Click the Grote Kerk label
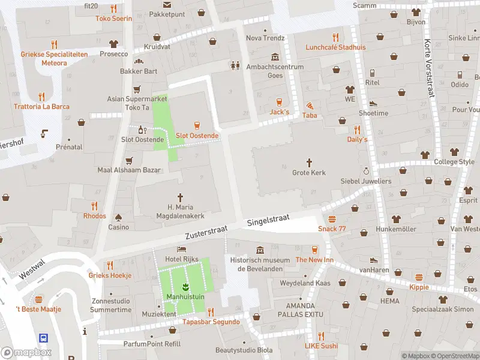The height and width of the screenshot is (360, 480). [x=309, y=173]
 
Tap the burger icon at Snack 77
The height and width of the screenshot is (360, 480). [x=332, y=218]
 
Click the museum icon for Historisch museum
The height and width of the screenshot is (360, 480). [x=260, y=250]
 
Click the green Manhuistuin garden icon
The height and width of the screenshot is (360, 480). [x=185, y=286]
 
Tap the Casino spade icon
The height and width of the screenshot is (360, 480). [x=118, y=217]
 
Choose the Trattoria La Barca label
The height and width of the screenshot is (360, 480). [x=41, y=107]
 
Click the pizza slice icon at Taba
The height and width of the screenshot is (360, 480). [x=310, y=104]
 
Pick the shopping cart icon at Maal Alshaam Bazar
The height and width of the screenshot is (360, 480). [x=128, y=160]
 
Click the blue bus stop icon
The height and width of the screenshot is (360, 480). [x=43, y=338]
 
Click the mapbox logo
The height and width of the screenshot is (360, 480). [x=26, y=353]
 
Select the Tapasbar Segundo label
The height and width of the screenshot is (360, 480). [x=211, y=322]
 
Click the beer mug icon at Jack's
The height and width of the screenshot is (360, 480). [x=279, y=101]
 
